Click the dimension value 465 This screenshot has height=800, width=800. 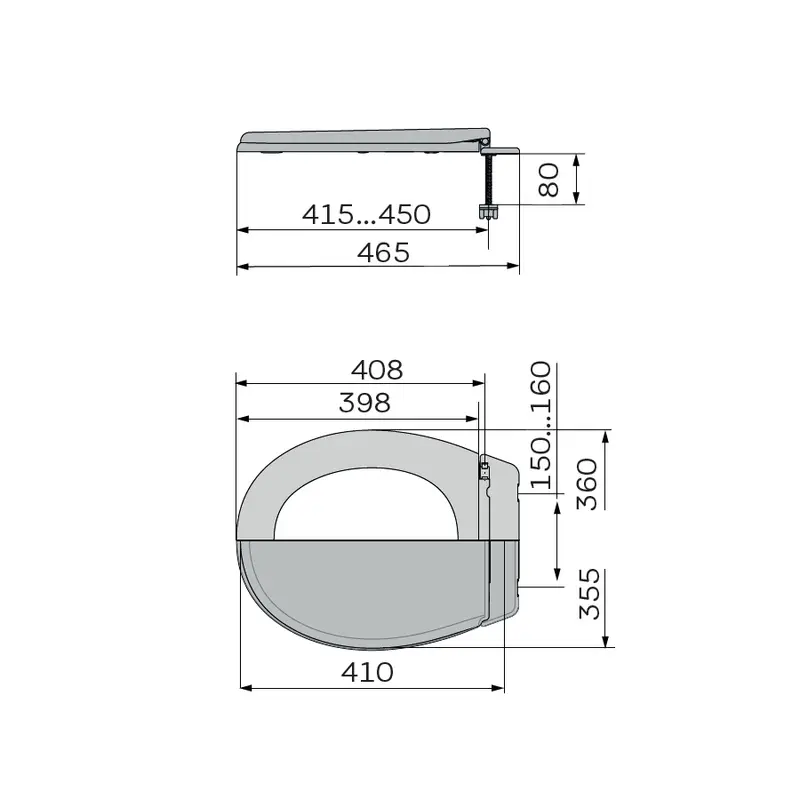(x=383, y=253)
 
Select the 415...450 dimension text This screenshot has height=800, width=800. (x=366, y=214)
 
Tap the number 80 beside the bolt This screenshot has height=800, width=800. (x=549, y=180)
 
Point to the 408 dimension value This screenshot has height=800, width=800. (x=377, y=370)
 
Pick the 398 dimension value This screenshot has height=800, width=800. (x=365, y=403)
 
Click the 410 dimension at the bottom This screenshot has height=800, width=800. (x=367, y=672)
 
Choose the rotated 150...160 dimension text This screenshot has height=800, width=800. (x=541, y=425)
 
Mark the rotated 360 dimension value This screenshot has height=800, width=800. (x=587, y=484)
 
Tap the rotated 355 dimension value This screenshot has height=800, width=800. (x=589, y=594)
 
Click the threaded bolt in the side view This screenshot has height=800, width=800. (x=489, y=180)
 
